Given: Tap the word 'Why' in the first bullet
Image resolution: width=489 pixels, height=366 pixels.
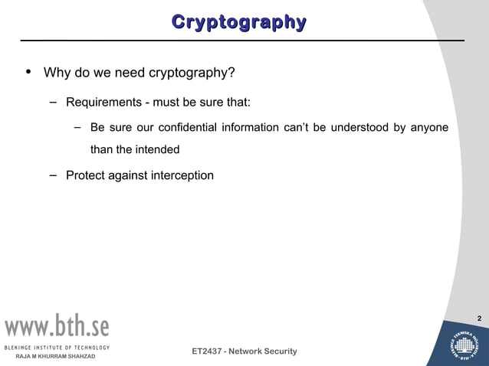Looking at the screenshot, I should tap(57, 74).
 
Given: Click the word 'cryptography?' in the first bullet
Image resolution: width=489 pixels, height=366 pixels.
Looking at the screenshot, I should tap(196, 74).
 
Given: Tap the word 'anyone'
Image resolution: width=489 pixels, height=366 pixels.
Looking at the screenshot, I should tap(429, 127).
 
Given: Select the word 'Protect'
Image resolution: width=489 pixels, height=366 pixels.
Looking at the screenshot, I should tap(86, 175).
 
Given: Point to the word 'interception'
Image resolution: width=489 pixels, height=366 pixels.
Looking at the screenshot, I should tap(182, 175).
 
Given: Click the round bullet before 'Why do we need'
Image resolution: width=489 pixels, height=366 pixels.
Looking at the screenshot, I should tap(28, 73).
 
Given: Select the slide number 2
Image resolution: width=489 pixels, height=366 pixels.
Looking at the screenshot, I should tap(479, 318).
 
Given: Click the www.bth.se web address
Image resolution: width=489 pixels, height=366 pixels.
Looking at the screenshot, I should tap(58, 327).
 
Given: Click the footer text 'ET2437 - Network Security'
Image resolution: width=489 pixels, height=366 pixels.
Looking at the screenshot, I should tap(244, 351).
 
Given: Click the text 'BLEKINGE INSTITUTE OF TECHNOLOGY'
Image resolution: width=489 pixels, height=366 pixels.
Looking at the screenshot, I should tap(58, 347).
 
